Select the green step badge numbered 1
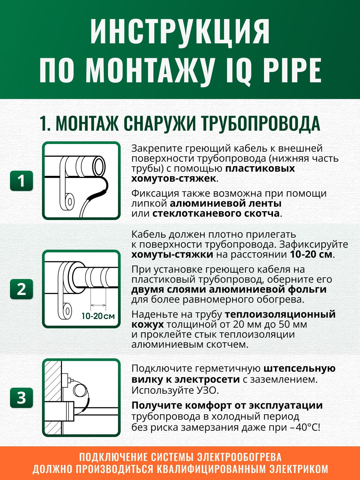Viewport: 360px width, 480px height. [21, 181]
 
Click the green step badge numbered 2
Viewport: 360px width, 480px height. [21, 289]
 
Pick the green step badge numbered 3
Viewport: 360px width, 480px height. [21, 397]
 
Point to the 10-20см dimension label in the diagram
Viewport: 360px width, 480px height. [98, 316]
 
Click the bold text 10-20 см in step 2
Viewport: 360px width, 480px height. [311, 254]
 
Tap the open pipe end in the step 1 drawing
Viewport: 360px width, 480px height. [99, 166]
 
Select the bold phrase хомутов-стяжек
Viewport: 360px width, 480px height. [174, 178]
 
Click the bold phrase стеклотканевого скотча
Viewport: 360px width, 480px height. [216, 213]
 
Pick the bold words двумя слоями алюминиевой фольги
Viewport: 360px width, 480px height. [229, 289]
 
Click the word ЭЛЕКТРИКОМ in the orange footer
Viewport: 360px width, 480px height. [299, 469]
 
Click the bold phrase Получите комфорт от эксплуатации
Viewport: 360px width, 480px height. [227, 405]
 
